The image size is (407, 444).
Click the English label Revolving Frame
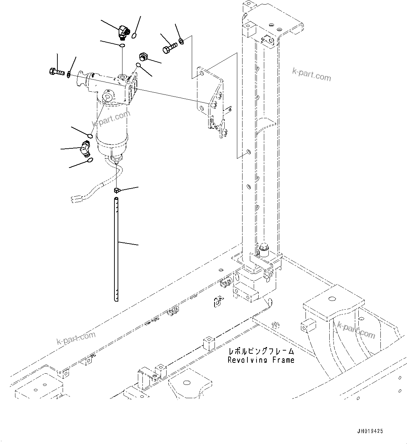(x=261, y=360)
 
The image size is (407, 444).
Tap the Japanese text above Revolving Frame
(x=261, y=351)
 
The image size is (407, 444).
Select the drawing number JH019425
(x=370, y=431)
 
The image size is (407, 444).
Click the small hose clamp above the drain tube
(x=117, y=190)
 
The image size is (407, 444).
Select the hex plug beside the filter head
(x=143, y=56)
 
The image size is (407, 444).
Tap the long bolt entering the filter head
(x=56, y=72)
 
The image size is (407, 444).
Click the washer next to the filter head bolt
(x=69, y=74)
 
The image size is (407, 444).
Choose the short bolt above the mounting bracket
(x=169, y=48)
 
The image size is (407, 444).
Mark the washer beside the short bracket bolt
(x=181, y=42)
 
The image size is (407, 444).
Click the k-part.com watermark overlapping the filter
(x=111, y=118)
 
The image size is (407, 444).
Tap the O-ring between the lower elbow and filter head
(x=90, y=136)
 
